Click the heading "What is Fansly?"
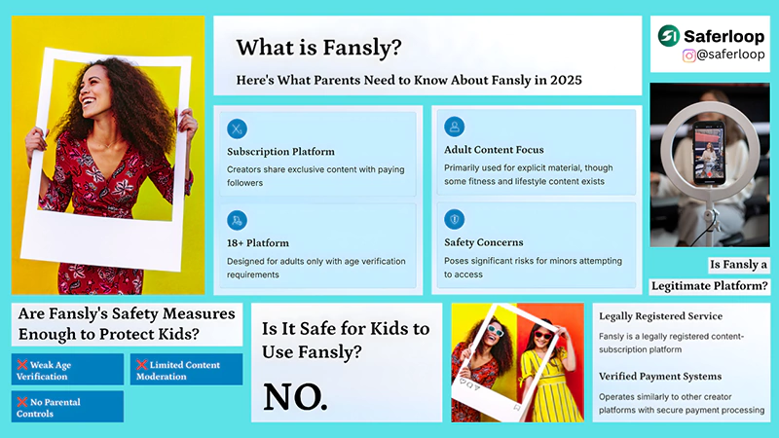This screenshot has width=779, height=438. coord(318,47)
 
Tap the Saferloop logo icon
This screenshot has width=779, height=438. coord(669,36)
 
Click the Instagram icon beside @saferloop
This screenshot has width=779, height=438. coord(689,56)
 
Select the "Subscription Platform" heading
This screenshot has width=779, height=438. coord(280,152)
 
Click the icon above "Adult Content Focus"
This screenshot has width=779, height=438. coord(454,128)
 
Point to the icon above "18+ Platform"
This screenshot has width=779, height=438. coord(237,220)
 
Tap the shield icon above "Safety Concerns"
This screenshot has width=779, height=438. coord(454,219)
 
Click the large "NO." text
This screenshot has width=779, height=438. coord(295,395)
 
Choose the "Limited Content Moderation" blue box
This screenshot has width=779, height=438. coord(186,369)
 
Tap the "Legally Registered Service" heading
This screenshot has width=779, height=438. coord(660,316)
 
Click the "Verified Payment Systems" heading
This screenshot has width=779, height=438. coord(661,376)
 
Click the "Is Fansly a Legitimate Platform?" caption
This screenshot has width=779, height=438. coord(711,274)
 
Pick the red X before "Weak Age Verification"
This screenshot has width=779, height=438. coord(21,364)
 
